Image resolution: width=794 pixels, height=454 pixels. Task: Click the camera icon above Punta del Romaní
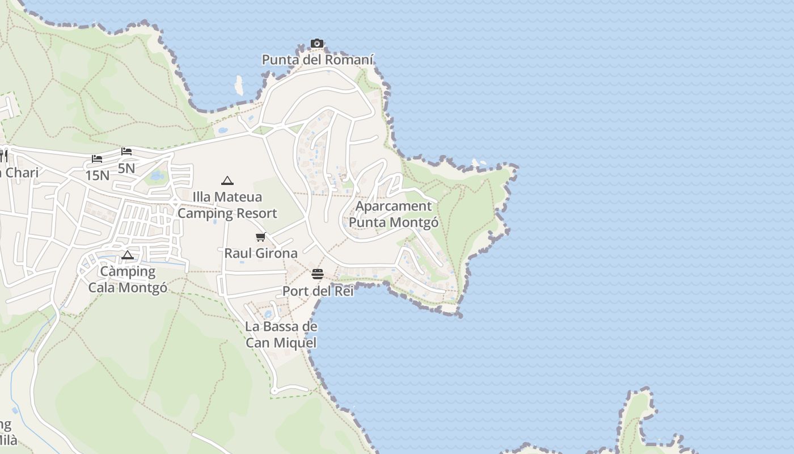(x=317, y=44)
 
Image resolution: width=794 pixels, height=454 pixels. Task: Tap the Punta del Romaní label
(x=318, y=60)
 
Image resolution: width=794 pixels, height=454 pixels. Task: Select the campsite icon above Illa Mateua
(x=227, y=181)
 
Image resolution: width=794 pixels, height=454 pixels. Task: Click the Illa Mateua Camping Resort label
(x=227, y=205)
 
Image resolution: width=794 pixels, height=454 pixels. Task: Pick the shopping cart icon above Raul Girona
(x=261, y=237)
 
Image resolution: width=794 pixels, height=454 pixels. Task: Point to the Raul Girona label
(x=261, y=253)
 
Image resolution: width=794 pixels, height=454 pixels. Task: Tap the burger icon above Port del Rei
(x=318, y=275)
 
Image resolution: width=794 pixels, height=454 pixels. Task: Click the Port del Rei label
(x=318, y=291)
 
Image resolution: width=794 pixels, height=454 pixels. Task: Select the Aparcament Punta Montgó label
(x=394, y=214)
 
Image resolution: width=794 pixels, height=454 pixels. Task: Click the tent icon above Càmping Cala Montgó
(x=128, y=255)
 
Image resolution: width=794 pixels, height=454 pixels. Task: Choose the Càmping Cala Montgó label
(x=128, y=279)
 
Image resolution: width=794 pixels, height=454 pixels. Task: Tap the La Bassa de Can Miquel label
(x=281, y=334)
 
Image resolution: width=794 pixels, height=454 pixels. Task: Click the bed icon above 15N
(x=97, y=159)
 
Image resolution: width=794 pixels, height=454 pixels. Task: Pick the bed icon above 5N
(x=126, y=152)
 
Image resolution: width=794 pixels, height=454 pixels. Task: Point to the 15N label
(x=97, y=175)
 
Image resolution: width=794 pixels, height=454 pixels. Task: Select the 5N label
(x=126, y=168)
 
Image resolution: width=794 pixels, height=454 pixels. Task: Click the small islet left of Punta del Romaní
(x=239, y=85)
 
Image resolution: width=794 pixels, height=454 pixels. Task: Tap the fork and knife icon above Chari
(x=3, y=155)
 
